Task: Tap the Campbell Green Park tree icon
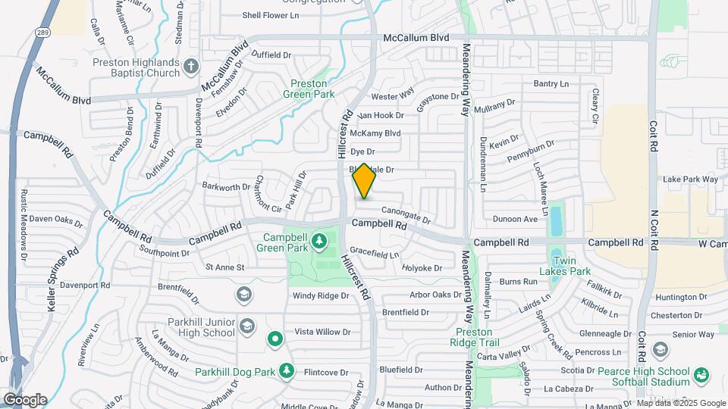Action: coord(320,241)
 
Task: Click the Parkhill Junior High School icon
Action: coord(246,326)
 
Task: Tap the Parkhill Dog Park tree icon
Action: coord(287,371)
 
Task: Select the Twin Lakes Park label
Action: coord(570,270)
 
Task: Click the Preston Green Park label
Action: coord(309,89)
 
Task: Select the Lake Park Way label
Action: coord(690,180)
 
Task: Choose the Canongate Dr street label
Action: coord(406,216)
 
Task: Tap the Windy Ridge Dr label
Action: coord(318,295)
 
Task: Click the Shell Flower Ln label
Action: coord(271,15)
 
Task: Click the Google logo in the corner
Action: coord(24,399)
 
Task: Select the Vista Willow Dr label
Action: coord(322,332)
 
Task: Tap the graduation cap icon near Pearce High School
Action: coord(660,349)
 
